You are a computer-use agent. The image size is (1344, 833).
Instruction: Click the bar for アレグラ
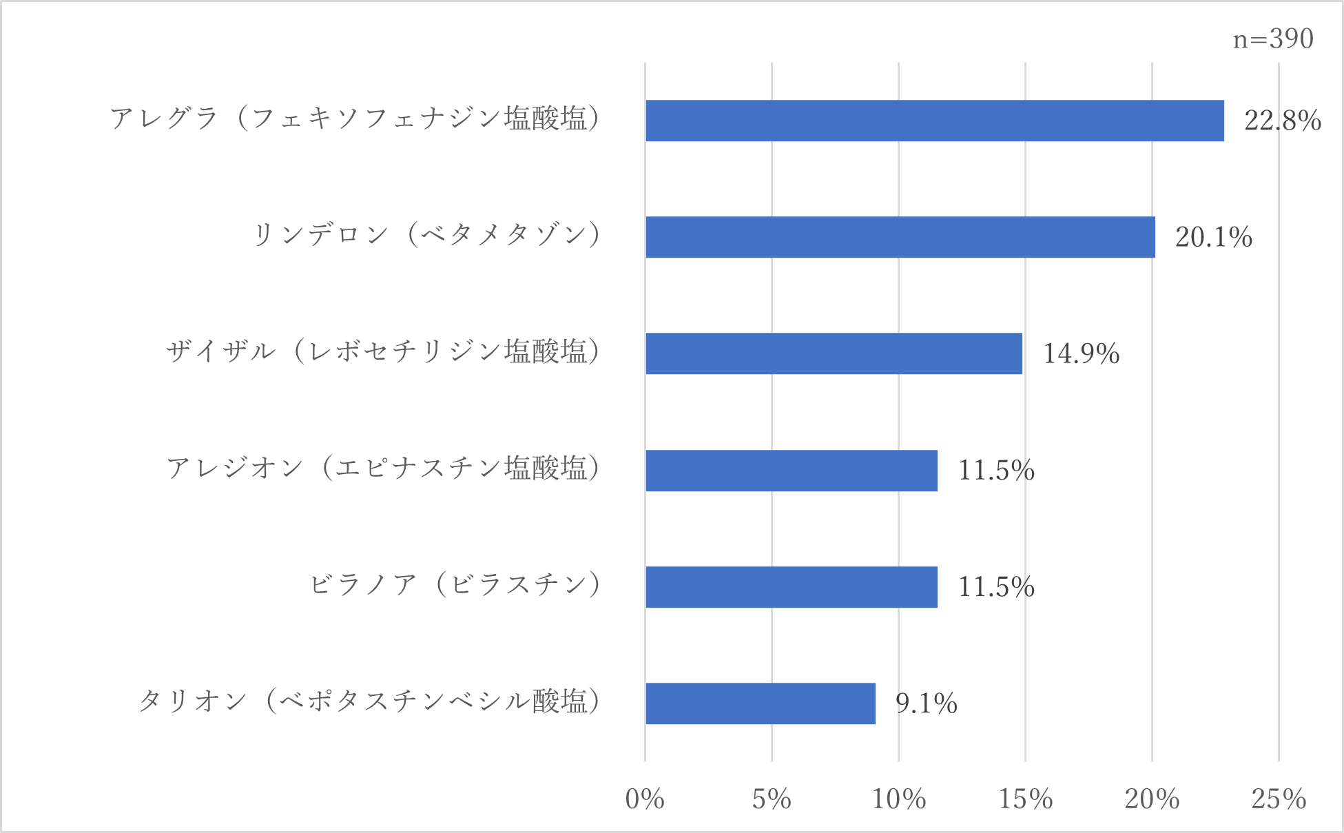tap(934, 121)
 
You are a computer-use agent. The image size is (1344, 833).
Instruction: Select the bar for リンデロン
tap(900, 237)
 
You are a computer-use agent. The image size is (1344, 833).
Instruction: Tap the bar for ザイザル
tap(834, 353)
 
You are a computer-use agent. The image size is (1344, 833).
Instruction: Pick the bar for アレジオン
tap(791, 471)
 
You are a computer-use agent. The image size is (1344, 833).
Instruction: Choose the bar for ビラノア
tap(791, 587)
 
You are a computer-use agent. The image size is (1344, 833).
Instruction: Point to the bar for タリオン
tap(760, 703)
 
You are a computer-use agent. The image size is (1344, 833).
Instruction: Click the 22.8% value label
tap(1282, 121)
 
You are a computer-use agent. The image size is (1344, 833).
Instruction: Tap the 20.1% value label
tap(1213, 237)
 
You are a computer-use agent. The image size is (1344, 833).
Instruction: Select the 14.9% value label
tap(1081, 353)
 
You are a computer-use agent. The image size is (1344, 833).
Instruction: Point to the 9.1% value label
tap(926, 703)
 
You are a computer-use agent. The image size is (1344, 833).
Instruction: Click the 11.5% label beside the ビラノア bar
tap(996, 587)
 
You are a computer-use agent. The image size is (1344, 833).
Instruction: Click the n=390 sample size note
tap(1273, 39)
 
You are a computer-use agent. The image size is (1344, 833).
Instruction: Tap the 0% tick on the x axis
tap(645, 799)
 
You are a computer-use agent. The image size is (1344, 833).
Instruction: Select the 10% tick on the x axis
tap(898, 799)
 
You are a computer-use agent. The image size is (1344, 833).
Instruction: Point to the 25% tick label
tap(1279, 799)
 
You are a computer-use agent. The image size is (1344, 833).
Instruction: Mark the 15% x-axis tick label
tap(1025, 799)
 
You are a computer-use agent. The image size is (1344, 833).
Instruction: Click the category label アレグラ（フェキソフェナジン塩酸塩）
tap(355, 119)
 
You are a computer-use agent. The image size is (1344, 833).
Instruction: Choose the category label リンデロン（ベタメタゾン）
tap(427, 235)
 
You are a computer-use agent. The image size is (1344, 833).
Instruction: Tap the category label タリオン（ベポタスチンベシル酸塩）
tap(370, 701)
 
